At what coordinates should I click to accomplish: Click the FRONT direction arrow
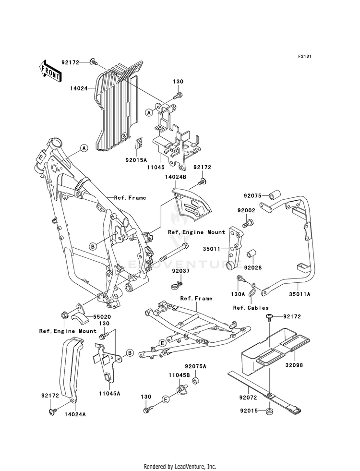[x=50, y=71]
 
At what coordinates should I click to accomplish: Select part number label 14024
[x=79, y=88]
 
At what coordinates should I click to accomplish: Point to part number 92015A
[x=136, y=160]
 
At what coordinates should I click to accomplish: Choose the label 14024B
[x=175, y=177]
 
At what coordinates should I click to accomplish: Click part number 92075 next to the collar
[x=252, y=196]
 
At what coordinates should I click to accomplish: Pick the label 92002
[x=246, y=211]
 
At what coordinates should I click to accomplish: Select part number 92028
[x=252, y=267]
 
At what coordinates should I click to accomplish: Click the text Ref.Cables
[x=251, y=308]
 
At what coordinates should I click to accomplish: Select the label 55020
[x=102, y=317]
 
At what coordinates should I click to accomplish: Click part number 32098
[x=294, y=365]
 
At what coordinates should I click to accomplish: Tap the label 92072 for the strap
[x=248, y=398]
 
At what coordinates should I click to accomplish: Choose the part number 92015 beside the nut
[x=249, y=411]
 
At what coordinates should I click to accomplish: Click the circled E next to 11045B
[x=165, y=399]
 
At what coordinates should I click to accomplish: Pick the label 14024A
[x=75, y=414]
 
